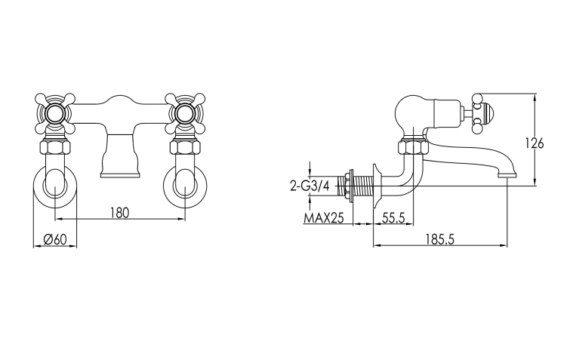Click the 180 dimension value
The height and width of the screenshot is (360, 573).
coord(120,212)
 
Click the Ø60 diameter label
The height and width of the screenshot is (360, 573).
coord(55,239)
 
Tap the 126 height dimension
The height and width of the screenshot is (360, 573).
coord(534,143)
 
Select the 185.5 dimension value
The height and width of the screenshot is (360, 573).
coord(439,239)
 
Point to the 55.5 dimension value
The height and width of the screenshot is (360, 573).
coord(393,218)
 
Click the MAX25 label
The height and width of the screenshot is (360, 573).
coord(324,218)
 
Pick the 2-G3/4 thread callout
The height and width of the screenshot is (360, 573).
coord(310,186)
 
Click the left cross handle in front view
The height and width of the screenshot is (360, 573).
coord(55,113)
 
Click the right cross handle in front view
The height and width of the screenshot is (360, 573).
coord(185,113)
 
